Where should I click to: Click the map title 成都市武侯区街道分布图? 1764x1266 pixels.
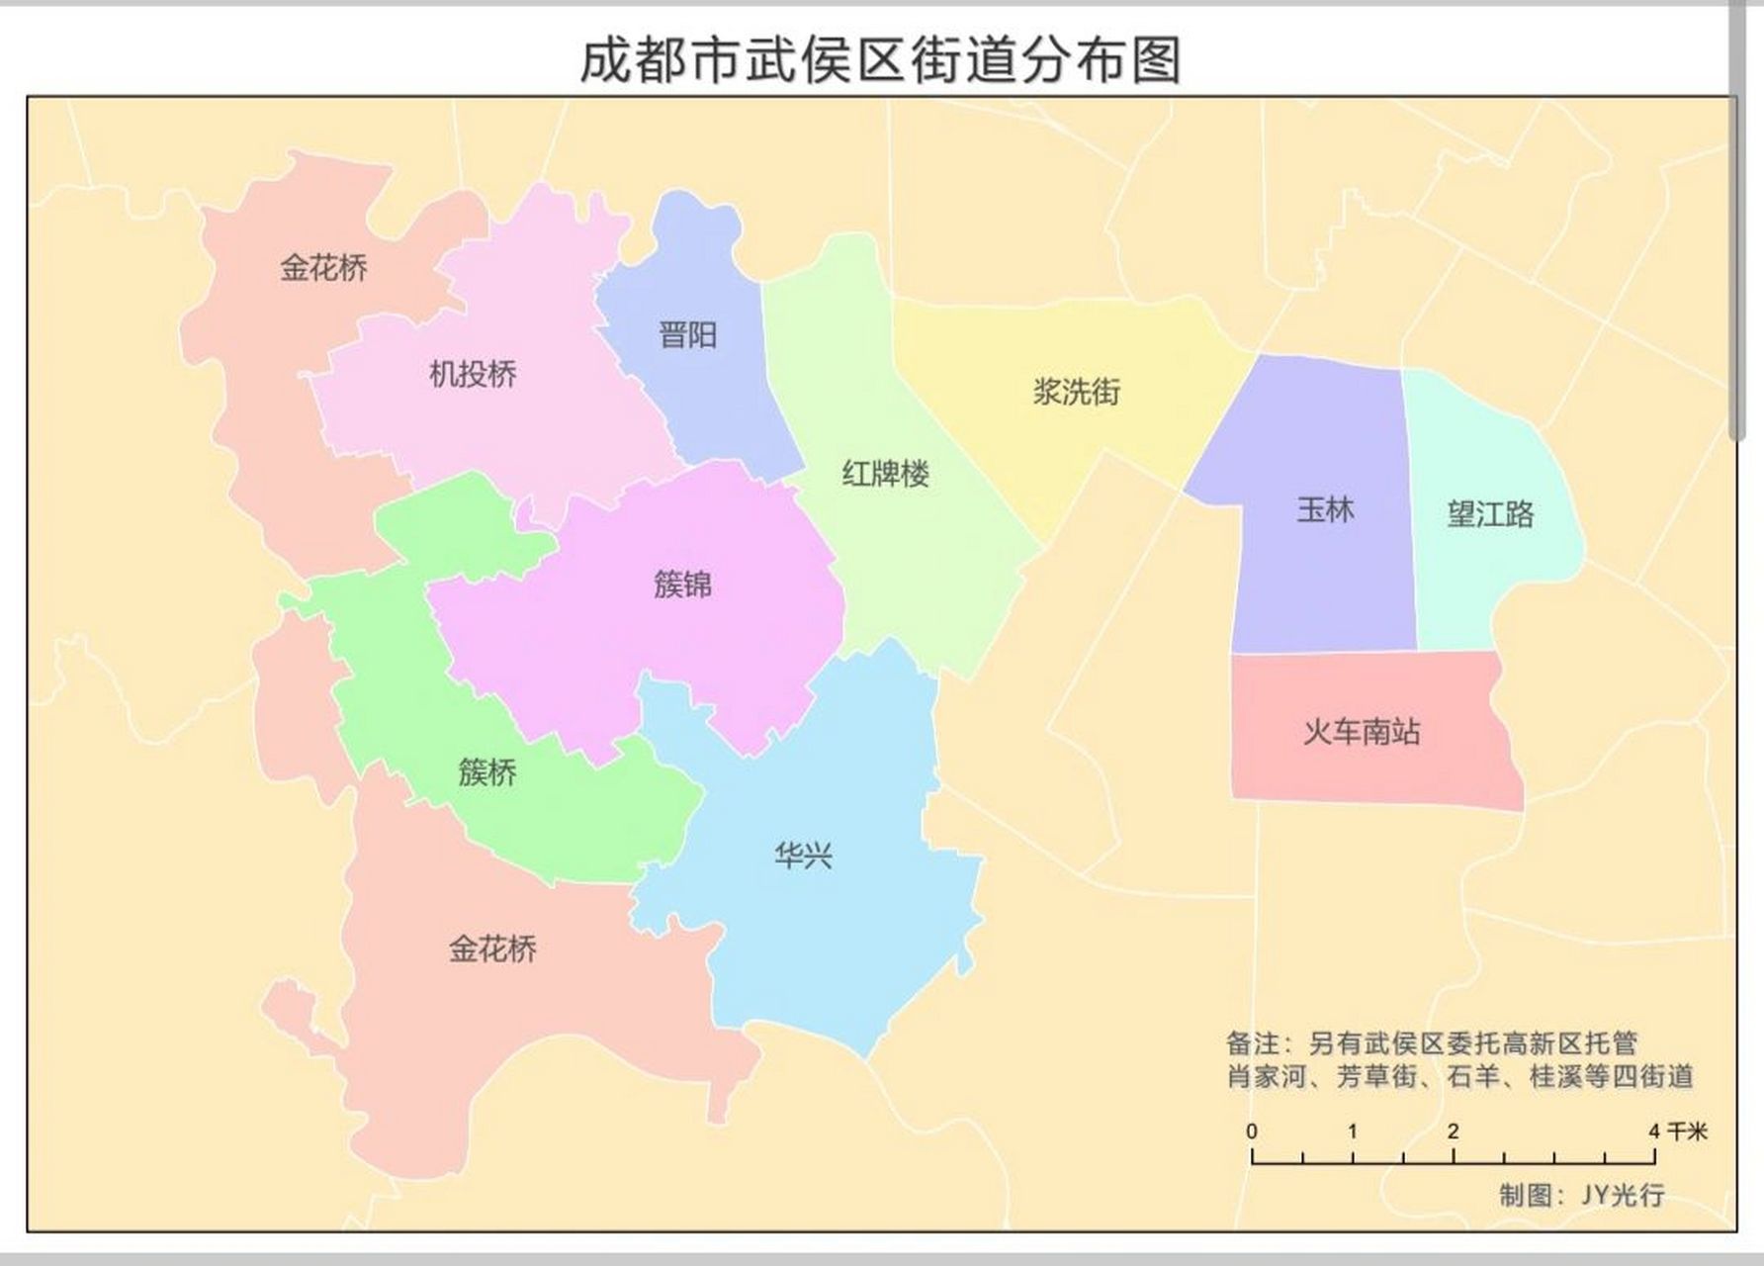tap(880, 59)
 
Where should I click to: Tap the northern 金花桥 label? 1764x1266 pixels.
tap(323, 267)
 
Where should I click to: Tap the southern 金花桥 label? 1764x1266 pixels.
tap(492, 949)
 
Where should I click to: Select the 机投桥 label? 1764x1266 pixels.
tap(473, 374)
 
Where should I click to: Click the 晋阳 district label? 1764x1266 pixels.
tap(687, 335)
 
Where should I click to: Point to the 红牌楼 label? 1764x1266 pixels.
tap(885, 474)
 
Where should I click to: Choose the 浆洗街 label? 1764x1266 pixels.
tap(1076, 392)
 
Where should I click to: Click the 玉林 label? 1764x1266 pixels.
tap(1325, 510)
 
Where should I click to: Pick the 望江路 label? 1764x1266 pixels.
tap(1490, 514)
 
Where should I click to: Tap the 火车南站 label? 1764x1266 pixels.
tap(1362, 732)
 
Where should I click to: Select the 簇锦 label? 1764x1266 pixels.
tap(682, 585)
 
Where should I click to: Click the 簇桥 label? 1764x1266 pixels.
tap(487, 771)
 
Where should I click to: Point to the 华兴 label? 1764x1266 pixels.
tap(803, 856)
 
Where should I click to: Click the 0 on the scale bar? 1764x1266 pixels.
tap(1252, 1131)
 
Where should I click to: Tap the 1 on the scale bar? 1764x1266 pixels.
tap(1352, 1131)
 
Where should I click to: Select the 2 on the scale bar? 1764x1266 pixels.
tap(1453, 1131)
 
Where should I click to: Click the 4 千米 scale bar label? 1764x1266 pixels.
tap(1679, 1131)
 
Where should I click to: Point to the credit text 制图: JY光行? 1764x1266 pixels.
tap(1581, 1195)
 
